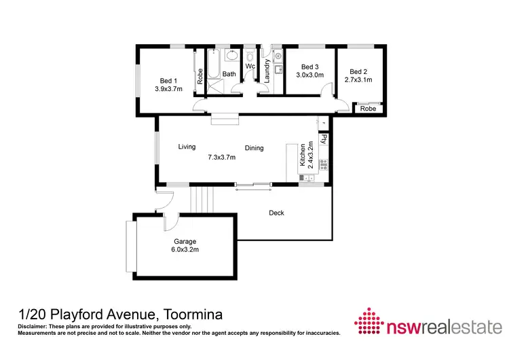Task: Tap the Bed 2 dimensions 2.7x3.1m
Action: [x=358, y=80]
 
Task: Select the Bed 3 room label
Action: [x=309, y=67]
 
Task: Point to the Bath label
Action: [x=229, y=75]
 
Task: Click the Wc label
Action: [x=250, y=66]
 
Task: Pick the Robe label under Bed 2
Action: [x=368, y=109]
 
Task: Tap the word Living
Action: [x=187, y=147]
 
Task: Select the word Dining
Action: [x=254, y=148]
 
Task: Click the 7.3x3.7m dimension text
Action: [x=221, y=158]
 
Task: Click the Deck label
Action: [x=276, y=213]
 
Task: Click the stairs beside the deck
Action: [x=202, y=200]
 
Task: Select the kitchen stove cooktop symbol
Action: [x=324, y=164]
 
